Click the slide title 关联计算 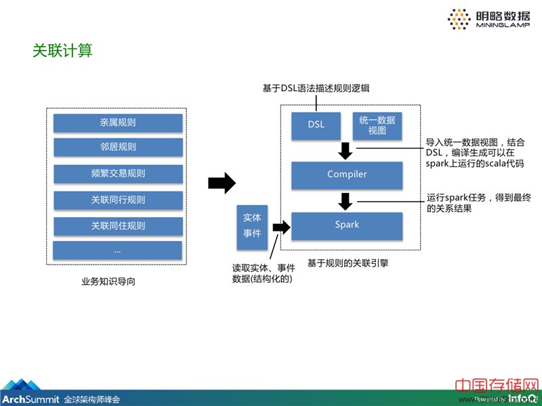(x=62, y=51)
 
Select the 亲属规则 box (x=118, y=122)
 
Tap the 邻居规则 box (x=118, y=147)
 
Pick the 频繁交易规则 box (x=118, y=173)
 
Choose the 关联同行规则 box (x=118, y=200)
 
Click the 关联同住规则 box (x=118, y=225)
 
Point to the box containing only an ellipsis (x=118, y=250)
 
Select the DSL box (x=316, y=125)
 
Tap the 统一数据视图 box (x=377, y=125)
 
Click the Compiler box (x=347, y=175)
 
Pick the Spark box (x=347, y=224)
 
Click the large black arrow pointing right (x=221, y=183)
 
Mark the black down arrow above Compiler (x=346, y=150)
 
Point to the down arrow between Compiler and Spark (x=346, y=201)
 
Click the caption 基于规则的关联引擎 (x=343, y=262)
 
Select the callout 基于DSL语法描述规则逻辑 (x=316, y=89)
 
